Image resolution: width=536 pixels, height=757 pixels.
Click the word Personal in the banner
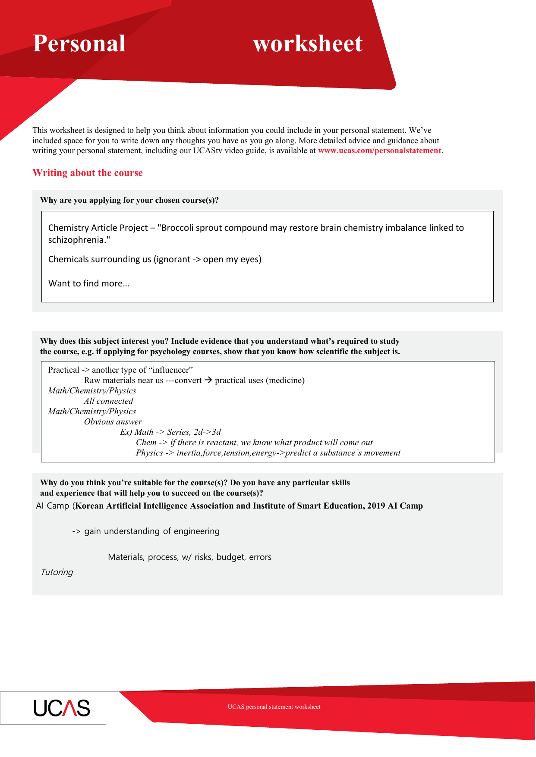(x=79, y=44)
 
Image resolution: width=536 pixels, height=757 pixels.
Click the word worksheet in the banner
(x=307, y=44)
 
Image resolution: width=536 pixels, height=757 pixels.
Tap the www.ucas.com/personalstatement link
(x=379, y=151)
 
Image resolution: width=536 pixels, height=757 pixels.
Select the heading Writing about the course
(x=88, y=173)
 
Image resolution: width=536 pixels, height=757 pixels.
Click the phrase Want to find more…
(x=88, y=283)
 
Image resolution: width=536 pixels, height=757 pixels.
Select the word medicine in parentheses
(x=285, y=380)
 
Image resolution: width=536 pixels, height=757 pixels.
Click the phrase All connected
(x=108, y=401)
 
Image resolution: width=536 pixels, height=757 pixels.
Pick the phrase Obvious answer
(x=113, y=422)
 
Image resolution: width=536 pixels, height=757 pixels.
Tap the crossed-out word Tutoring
(x=57, y=572)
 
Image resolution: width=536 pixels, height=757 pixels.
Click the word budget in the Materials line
(x=230, y=557)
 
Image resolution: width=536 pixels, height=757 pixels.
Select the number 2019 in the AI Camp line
(x=376, y=506)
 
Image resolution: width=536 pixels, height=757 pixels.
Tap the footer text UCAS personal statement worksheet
(x=274, y=707)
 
